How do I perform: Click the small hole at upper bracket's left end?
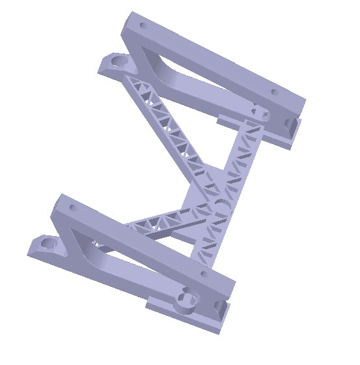(141, 25)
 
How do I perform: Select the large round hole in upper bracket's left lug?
(118, 61)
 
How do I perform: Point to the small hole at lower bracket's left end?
(72, 209)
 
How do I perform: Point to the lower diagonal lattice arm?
(163, 222)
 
